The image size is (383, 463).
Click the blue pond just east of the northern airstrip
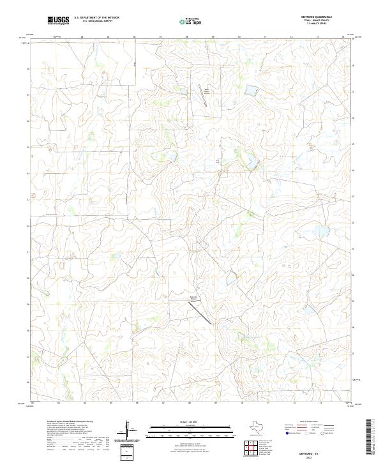[x=251, y=91]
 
